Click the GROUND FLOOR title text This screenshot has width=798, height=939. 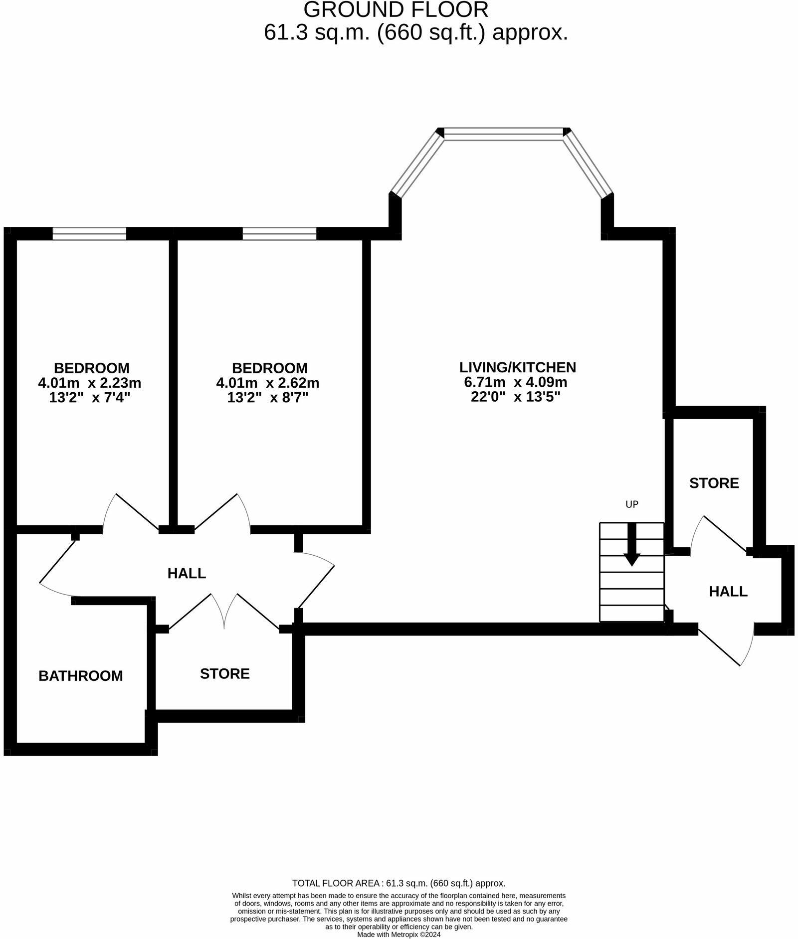[396, 10]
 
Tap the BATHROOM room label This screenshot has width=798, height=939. [80, 676]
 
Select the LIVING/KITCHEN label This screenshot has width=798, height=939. [517, 367]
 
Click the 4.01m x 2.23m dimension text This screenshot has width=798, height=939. [89, 383]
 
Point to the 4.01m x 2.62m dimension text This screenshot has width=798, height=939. [267, 383]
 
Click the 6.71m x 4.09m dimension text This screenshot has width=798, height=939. [515, 382]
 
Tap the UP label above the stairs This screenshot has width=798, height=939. [631, 504]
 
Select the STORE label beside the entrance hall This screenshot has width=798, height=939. [714, 483]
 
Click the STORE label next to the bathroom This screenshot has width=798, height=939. [224, 674]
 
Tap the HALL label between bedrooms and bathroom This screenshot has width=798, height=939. [187, 573]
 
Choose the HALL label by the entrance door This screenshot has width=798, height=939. [728, 592]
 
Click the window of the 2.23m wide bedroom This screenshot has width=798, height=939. [89, 233]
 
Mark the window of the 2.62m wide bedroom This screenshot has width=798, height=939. [279, 233]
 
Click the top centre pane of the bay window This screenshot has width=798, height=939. [503, 134]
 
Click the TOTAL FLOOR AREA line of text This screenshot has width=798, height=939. [399, 883]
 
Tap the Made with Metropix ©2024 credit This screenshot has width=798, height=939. [399, 935]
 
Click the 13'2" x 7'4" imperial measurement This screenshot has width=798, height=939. [89, 398]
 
